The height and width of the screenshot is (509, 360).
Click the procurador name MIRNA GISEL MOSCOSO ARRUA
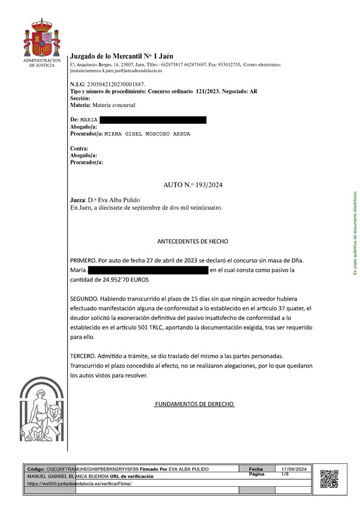148,134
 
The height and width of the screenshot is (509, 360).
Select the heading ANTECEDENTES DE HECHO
193,241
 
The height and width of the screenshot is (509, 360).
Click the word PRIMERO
83,260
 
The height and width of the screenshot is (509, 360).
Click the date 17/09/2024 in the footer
294,469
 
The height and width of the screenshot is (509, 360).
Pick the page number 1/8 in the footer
285,474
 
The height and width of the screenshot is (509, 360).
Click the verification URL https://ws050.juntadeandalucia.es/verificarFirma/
79,483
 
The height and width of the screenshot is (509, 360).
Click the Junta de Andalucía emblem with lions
41,412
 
